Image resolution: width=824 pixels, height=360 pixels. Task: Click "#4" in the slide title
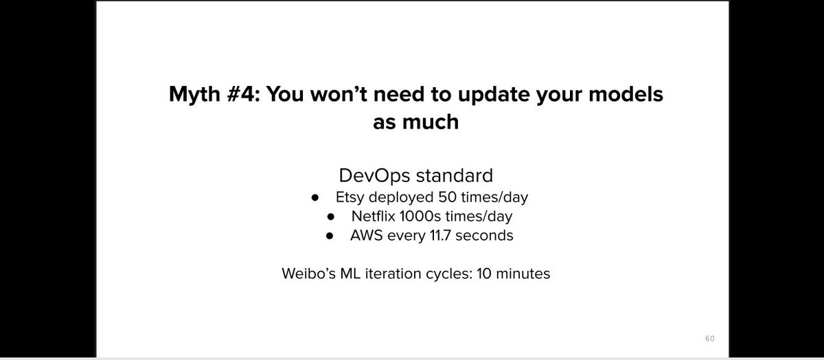[x=240, y=95]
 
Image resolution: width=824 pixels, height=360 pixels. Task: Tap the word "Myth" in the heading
[x=194, y=95]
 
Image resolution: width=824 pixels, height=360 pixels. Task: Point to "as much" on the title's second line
[x=415, y=123]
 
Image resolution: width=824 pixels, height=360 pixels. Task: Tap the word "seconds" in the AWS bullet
[x=488, y=236]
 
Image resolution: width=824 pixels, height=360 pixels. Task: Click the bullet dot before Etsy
[x=314, y=197]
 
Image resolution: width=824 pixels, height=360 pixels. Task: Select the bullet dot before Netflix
[x=331, y=217]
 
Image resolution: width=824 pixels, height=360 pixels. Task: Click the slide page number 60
[x=709, y=339]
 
